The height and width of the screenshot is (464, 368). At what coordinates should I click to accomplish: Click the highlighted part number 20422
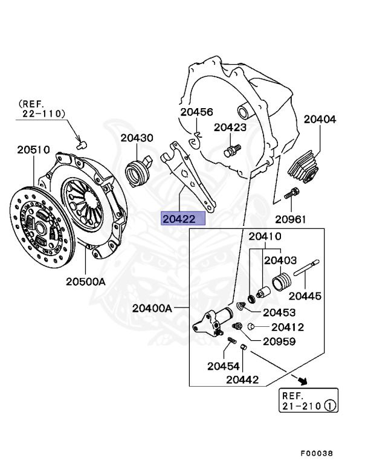tap(179, 219)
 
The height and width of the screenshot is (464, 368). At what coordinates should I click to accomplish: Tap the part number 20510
tap(33, 150)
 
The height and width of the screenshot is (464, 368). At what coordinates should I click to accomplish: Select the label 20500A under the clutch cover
tap(86, 282)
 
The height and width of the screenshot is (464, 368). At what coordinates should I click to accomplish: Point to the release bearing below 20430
tap(137, 173)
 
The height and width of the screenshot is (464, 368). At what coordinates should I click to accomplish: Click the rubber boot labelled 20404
tap(304, 167)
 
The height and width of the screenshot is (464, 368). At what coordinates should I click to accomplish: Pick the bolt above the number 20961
tap(292, 193)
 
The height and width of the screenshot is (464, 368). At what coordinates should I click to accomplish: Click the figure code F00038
tap(317, 453)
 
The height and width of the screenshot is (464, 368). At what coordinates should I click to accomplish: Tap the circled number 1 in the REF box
tap(330, 405)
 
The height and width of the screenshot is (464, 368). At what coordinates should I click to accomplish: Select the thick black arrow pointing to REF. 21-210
tap(303, 381)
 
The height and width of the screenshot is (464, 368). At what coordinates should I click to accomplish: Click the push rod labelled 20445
tap(306, 268)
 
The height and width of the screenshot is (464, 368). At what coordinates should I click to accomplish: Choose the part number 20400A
tap(152, 308)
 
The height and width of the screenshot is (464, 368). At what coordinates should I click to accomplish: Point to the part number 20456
tap(196, 112)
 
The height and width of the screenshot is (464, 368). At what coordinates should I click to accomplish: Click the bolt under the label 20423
tap(233, 150)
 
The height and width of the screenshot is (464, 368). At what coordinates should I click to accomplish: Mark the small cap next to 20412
tap(250, 326)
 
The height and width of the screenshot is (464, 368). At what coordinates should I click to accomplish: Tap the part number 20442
tap(242, 379)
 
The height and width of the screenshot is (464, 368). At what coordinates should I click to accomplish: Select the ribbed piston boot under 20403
tap(281, 283)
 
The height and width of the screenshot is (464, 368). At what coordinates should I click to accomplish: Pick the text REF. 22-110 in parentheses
tap(41, 109)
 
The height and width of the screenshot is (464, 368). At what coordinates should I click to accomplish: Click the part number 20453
tap(279, 312)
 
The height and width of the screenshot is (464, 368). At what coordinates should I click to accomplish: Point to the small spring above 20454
tap(232, 341)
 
